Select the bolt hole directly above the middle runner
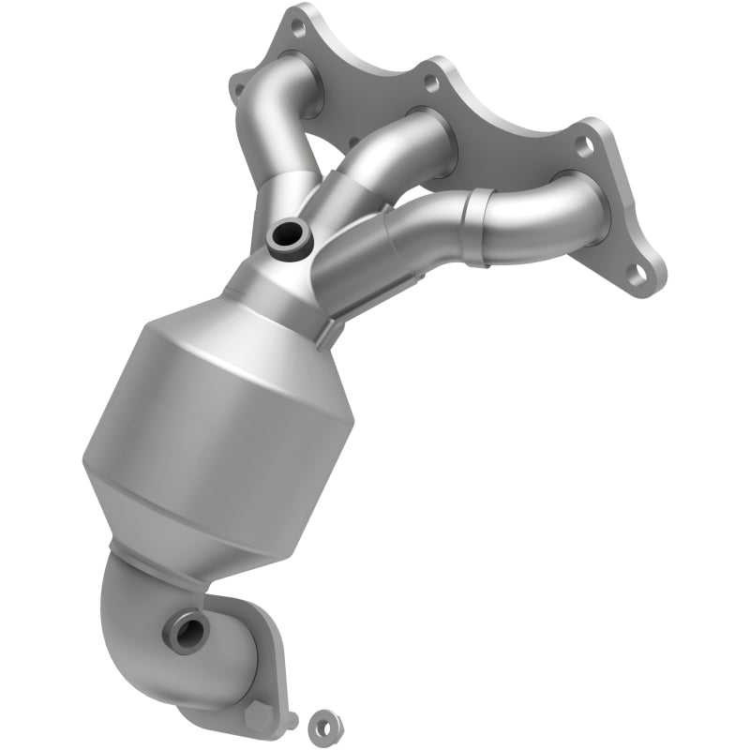tap(430, 83)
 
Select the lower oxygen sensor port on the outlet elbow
tap(182, 631)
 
